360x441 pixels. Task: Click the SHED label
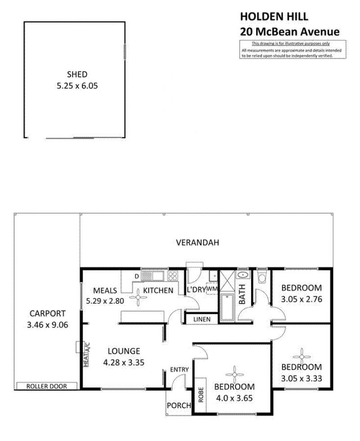coord(77,75)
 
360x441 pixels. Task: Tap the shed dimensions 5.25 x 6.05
coord(77,86)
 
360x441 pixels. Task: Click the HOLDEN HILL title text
coord(274,17)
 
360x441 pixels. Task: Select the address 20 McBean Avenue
coord(290,31)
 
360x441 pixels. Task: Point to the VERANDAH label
coord(198,243)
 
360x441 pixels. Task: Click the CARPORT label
coord(48,313)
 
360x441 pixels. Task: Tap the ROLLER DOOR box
coord(47,386)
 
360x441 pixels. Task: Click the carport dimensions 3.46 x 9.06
coord(48,325)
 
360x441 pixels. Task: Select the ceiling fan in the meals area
coord(138,297)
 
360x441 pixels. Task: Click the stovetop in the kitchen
coord(173,275)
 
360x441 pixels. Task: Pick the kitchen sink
coord(153,275)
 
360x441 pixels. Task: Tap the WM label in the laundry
coord(212,289)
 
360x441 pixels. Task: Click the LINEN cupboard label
coord(202,319)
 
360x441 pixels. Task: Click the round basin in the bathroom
coord(243,274)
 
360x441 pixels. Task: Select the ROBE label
coord(201,395)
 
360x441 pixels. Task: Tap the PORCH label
coord(179,405)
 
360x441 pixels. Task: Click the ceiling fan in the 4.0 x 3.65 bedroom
coord(234,374)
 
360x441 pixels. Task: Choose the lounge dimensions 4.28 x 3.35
coord(124,363)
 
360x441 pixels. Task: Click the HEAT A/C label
coord(86,355)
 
